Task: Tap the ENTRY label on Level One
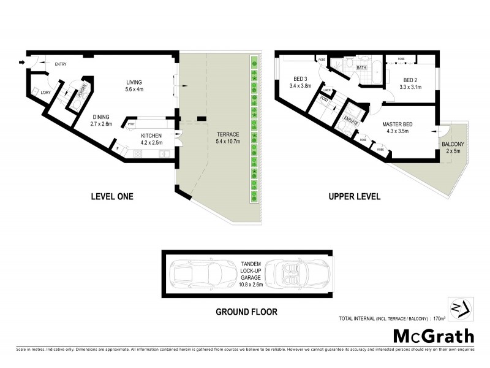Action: point(61,64)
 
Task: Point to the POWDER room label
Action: point(80,91)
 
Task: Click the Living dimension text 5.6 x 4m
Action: point(134,90)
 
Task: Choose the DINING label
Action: point(102,117)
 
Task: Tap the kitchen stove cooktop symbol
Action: point(137,153)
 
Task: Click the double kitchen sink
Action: point(166,153)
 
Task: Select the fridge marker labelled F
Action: point(116,148)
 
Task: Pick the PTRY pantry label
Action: point(131,124)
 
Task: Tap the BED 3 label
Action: point(300,79)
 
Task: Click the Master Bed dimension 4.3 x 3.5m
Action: point(397,131)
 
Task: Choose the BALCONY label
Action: point(453,145)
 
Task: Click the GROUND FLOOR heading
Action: point(246,312)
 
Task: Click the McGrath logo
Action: point(432,336)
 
